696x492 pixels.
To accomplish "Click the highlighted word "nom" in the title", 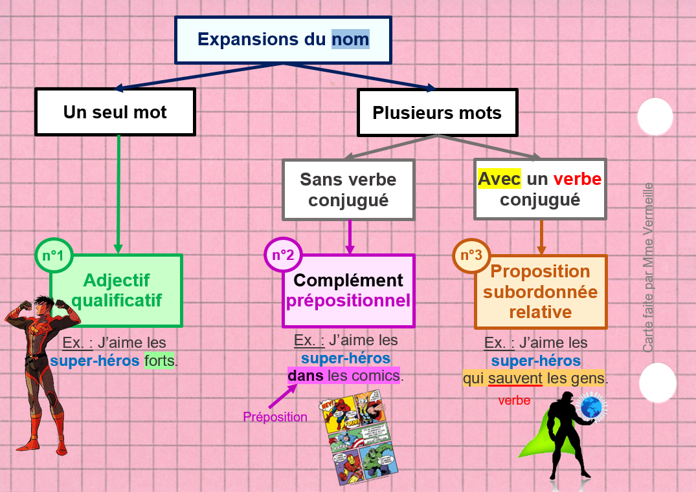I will pos(350,39).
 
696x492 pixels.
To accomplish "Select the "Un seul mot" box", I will pos(115,112).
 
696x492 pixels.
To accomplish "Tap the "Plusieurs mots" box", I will pos(437,113).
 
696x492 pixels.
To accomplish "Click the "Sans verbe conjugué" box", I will pos(348,189).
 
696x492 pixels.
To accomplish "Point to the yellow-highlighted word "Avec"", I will pos(499,178).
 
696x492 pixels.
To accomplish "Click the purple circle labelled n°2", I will pos(283,255).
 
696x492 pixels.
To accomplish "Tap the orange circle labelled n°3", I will pos(471,255).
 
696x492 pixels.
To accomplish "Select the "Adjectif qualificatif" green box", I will pos(117,290).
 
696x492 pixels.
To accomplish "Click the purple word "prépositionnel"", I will pos(348,301).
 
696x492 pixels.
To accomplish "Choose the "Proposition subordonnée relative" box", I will pos(541,292).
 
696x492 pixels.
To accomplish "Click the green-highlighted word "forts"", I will pos(160,361).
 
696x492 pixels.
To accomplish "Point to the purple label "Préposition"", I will pos(275,417).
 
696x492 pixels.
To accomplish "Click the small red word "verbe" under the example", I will pos(514,401).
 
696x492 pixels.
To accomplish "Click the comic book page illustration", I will pos(358,437).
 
